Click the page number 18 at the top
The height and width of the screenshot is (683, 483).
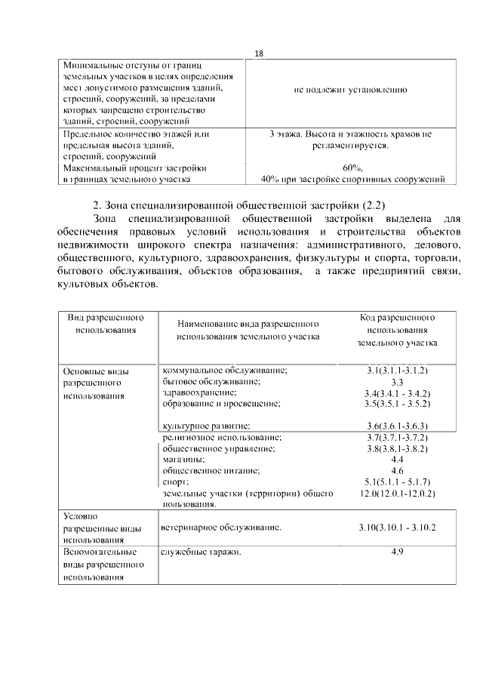pyautogui.click(x=259, y=54)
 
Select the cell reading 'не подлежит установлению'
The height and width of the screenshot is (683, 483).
pyautogui.click(x=351, y=90)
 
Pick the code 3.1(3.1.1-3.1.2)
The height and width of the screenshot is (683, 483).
pyautogui.click(x=397, y=371)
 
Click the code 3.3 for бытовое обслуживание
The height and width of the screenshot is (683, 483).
pyautogui.click(x=397, y=382)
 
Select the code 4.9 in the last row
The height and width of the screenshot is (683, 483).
pyautogui.click(x=397, y=552)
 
